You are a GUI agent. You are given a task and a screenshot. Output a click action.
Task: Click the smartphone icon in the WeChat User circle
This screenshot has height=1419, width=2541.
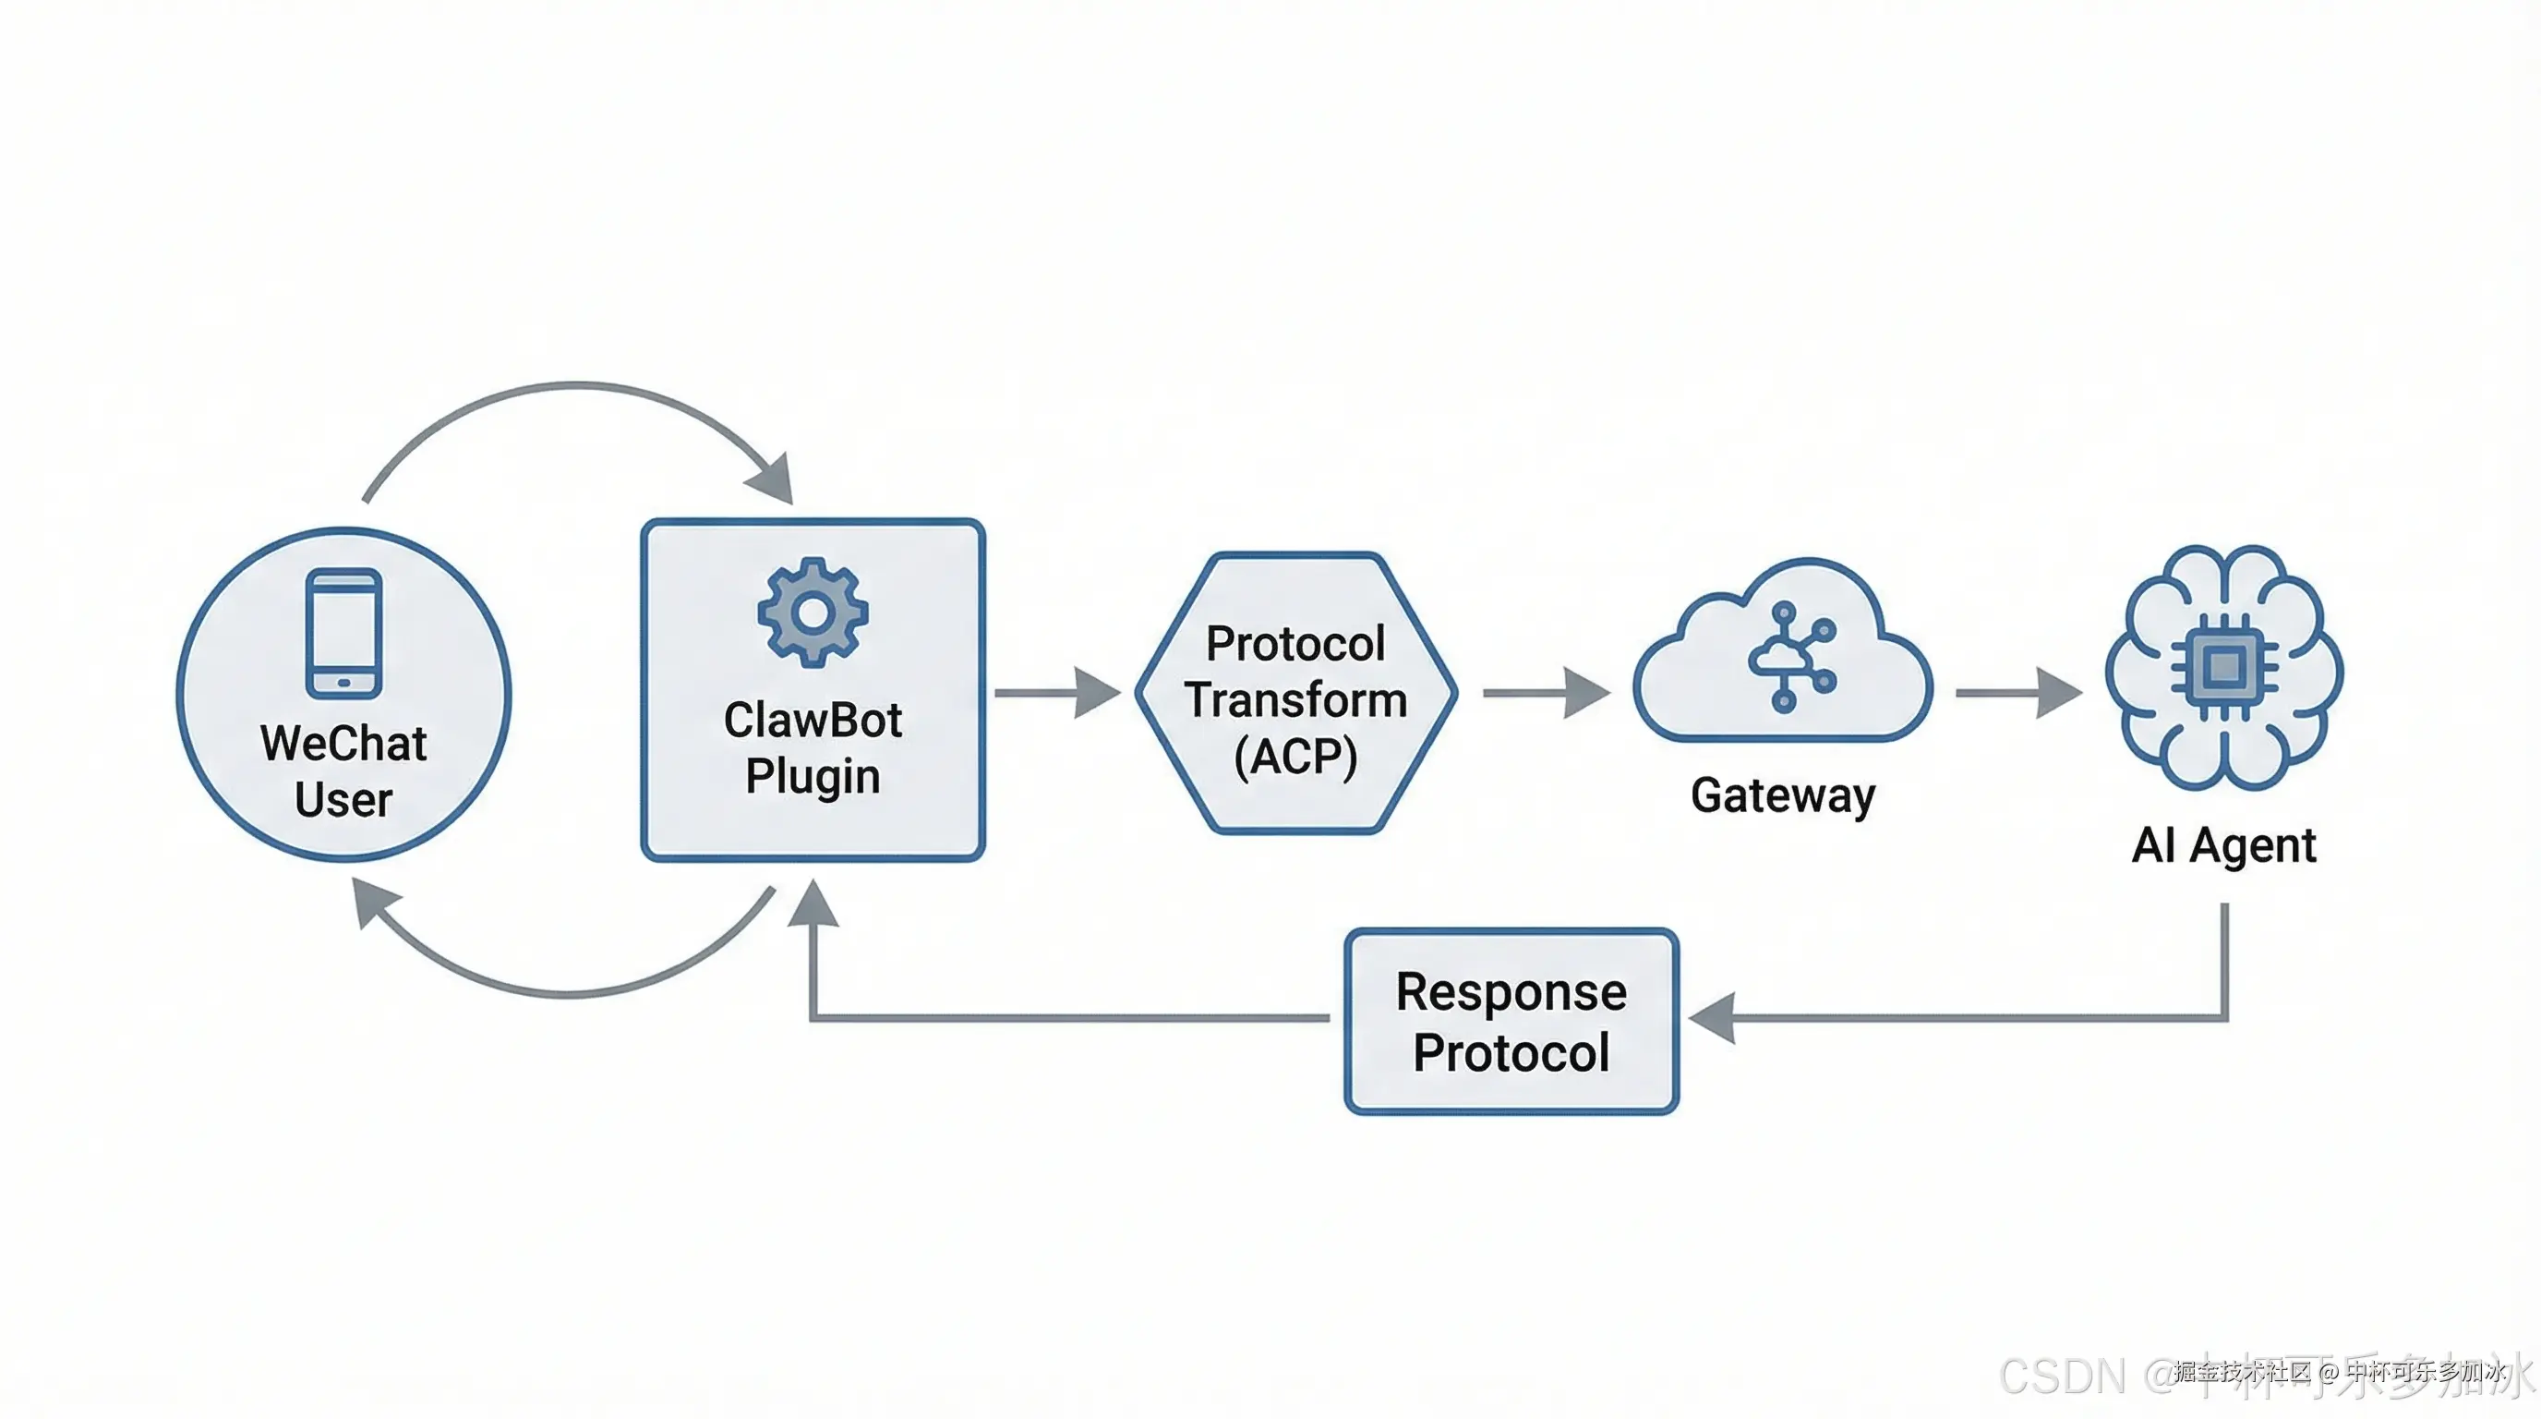click(343, 633)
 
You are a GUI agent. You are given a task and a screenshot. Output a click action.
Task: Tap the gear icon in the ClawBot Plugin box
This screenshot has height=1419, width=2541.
click(813, 612)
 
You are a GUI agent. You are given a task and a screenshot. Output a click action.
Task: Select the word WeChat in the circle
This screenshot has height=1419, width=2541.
click(343, 743)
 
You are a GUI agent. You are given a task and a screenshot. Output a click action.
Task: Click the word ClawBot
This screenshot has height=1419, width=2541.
click(813, 721)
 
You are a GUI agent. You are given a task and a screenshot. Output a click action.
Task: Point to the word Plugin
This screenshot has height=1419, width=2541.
click(813, 777)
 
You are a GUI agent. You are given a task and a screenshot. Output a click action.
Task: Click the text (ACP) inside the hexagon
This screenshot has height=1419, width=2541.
click(1295, 757)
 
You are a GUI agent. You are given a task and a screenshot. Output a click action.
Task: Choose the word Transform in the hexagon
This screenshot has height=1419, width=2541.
click(1295, 700)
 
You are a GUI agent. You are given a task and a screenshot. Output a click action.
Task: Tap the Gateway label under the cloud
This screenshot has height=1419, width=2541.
click(1782, 795)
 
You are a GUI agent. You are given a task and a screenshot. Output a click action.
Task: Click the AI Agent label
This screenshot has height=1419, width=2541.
click(2223, 845)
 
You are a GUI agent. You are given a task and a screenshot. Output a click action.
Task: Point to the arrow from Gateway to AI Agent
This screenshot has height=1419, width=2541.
click(2018, 693)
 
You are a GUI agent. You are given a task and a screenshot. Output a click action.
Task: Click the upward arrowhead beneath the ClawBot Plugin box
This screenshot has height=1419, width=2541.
click(813, 904)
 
